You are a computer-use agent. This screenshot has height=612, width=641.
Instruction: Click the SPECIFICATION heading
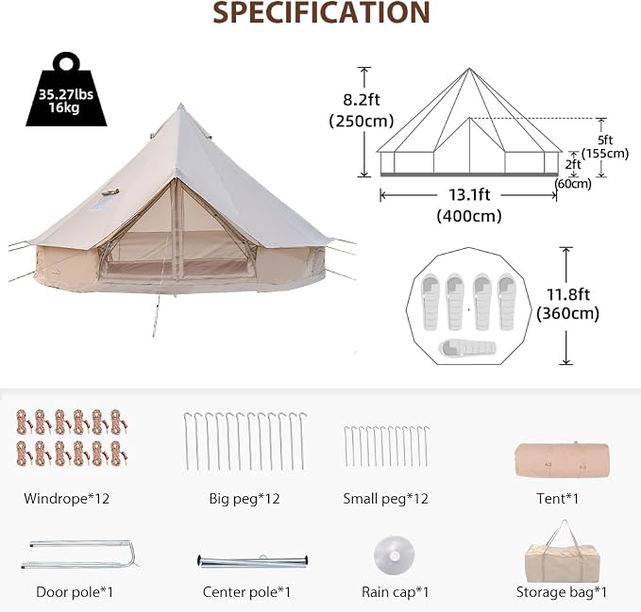pyautogui.click(x=321, y=12)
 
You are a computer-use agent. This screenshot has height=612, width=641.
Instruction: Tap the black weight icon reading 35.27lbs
pyautogui.click(x=66, y=90)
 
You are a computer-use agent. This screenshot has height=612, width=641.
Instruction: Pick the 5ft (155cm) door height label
pyautogui.click(x=605, y=146)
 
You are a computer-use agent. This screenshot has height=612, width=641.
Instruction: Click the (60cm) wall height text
pyautogui.click(x=573, y=184)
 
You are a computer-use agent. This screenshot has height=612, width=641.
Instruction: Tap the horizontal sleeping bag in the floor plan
pyautogui.click(x=467, y=348)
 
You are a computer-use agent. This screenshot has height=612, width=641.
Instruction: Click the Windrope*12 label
pyautogui.click(x=67, y=499)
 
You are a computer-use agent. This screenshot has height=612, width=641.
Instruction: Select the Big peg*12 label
pyautogui.click(x=245, y=499)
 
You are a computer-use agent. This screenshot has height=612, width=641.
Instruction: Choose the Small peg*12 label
pyautogui.click(x=385, y=499)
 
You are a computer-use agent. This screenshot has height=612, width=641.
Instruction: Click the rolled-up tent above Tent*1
pyautogui.click(x=562, y=460)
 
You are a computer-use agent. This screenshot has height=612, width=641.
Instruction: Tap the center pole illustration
pyautogui.click(x=253, y=561)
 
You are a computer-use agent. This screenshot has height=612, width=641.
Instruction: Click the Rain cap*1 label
pyautogui.click(x=396, y=592)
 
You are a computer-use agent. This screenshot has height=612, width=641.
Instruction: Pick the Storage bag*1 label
pyautogui.click(x=562, y=592)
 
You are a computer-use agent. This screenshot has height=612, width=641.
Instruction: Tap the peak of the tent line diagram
pyautogui.click(x=469, y=68)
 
